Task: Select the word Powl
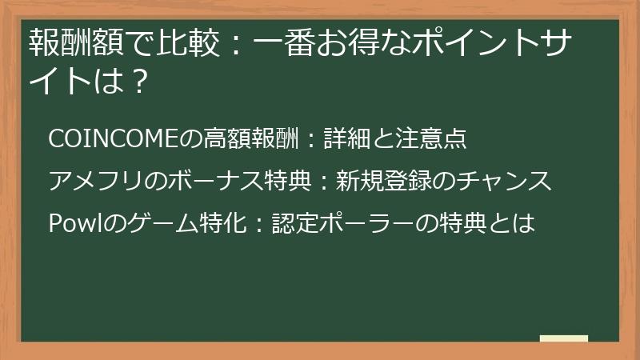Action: [x=70, y=223]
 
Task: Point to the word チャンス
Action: [x=506, y=181]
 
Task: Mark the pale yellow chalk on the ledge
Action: [x=563, y=338]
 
